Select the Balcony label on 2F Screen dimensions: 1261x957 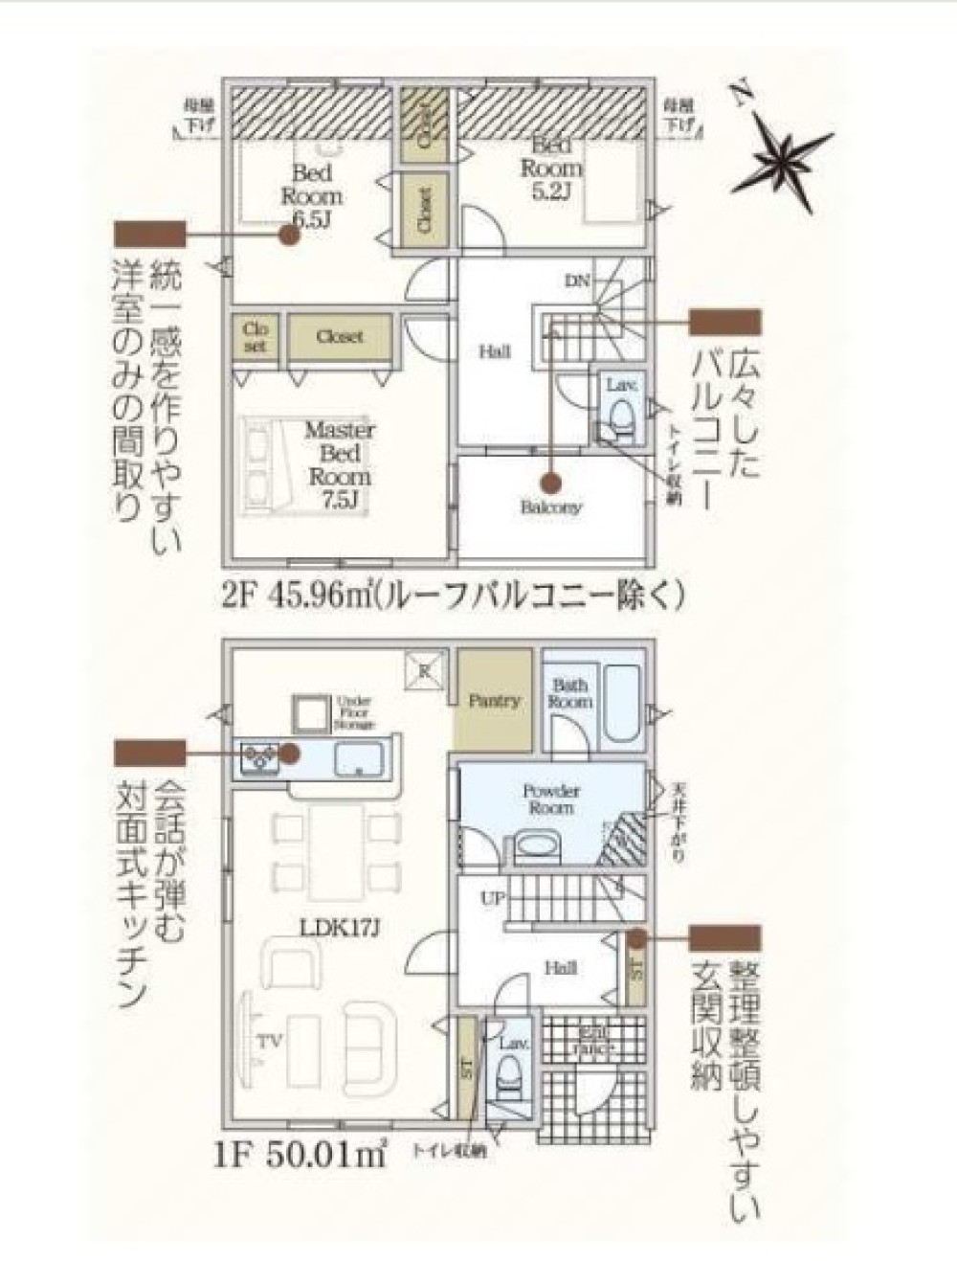point(551,507)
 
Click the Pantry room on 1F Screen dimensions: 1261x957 point(494,700)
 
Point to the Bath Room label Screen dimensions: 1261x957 point(570,693)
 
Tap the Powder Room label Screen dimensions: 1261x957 point(551,799)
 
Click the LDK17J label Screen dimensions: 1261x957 point(329,927)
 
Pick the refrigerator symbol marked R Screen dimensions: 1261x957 point(423,668)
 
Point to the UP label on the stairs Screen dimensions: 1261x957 point(493,900)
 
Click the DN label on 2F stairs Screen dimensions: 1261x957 point(577,281)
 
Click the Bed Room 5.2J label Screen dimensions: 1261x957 point(551,168)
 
